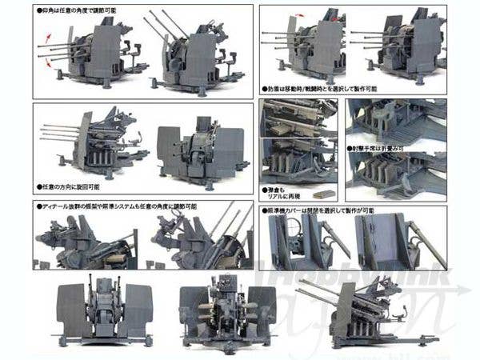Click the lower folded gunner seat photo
coord(397,176)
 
